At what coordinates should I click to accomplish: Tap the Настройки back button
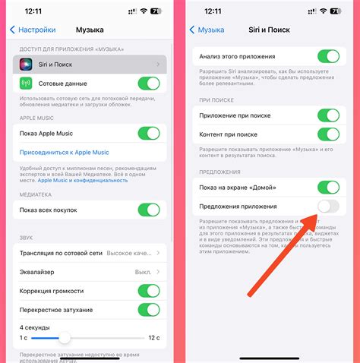tap(33, 30)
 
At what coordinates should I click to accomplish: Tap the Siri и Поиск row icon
tap(25, 65)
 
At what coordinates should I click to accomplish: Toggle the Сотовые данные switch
tap(149, 84)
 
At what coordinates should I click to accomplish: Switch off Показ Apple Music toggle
tap(149, 134)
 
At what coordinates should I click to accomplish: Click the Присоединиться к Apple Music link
tap(64, 153)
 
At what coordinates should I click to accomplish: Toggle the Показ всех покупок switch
tap(149, 210)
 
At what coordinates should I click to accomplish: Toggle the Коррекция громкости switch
tap(149, 291)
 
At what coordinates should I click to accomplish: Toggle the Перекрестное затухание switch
tap(149, 310)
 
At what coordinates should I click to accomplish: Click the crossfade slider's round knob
tap(65, 337)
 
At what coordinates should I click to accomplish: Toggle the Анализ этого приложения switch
tap(327, 57)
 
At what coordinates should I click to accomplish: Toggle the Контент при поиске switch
tap(327, 135)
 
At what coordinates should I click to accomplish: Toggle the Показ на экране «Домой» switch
tap(327, 188)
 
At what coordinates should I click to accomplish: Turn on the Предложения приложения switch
tap(327, 207)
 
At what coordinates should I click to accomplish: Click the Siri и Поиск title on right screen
tap(270, 30)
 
